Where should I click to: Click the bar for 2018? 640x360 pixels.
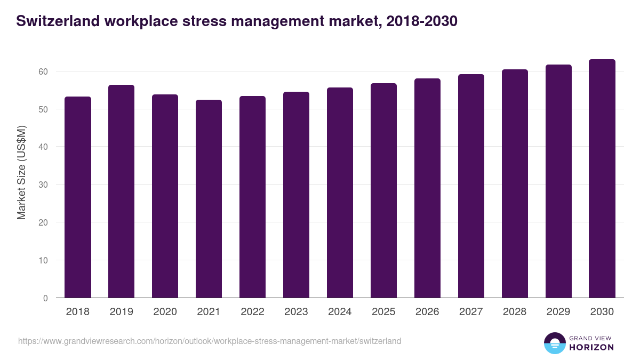coord(78,197)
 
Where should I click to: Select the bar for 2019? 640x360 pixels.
coord(122,191)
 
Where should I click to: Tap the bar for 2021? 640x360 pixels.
coord(209,199)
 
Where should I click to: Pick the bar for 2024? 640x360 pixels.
coord(340,193)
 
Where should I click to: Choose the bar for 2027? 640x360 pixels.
coord(471,186)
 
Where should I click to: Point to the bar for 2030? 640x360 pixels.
coord(602,179)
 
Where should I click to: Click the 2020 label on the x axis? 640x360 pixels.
coord(165,312)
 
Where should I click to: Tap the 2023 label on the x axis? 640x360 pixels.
coord(297,312)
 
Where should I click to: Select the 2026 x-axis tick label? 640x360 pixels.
coord(428,312)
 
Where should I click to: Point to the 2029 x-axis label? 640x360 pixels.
coord(558,312)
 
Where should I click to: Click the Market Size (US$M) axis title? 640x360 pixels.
coord(21,172)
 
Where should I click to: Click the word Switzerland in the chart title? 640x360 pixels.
coord(58,21)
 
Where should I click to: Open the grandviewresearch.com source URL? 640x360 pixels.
coord(210,341)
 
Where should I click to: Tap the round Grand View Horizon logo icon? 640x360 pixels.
coord(554,343)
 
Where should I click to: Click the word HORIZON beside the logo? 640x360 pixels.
coord(591,347)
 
